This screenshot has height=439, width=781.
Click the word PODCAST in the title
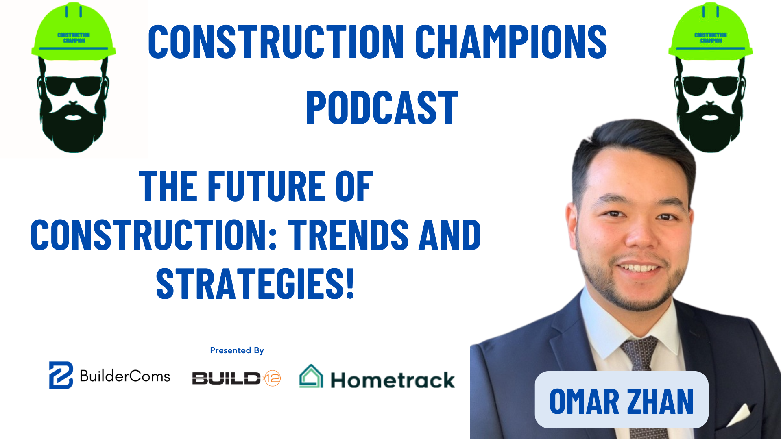[382, 108]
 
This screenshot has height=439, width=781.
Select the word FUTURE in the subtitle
[267, 186]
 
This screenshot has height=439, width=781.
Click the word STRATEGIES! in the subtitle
[255, 284]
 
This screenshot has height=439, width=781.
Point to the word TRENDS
[348, 235]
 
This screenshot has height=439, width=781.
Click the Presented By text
[237, 350]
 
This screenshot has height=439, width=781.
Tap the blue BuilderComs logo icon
[61, 375]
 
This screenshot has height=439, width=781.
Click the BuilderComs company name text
[125, 376]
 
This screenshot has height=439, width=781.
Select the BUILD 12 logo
[236, 378]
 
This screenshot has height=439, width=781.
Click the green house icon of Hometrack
[311, 376]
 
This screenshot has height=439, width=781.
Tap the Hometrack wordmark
[393, 380]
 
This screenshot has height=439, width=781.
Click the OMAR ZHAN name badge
[621, 400]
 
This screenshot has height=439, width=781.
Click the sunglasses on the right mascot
[710, 85]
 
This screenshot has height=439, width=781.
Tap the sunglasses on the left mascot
[73, 85]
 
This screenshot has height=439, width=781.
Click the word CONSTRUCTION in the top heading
[276, 41]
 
